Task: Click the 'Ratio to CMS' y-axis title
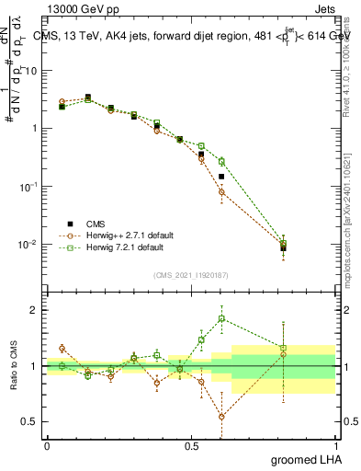tap(14, 366)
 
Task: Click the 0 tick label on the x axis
tap(47, 445)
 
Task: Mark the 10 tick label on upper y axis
tap(32, 70)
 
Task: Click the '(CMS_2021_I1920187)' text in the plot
tap(191, 275)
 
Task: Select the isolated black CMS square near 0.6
tap(221, 176)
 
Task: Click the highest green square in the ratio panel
tap(221, 319)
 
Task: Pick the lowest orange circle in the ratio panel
tap(221, 417)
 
